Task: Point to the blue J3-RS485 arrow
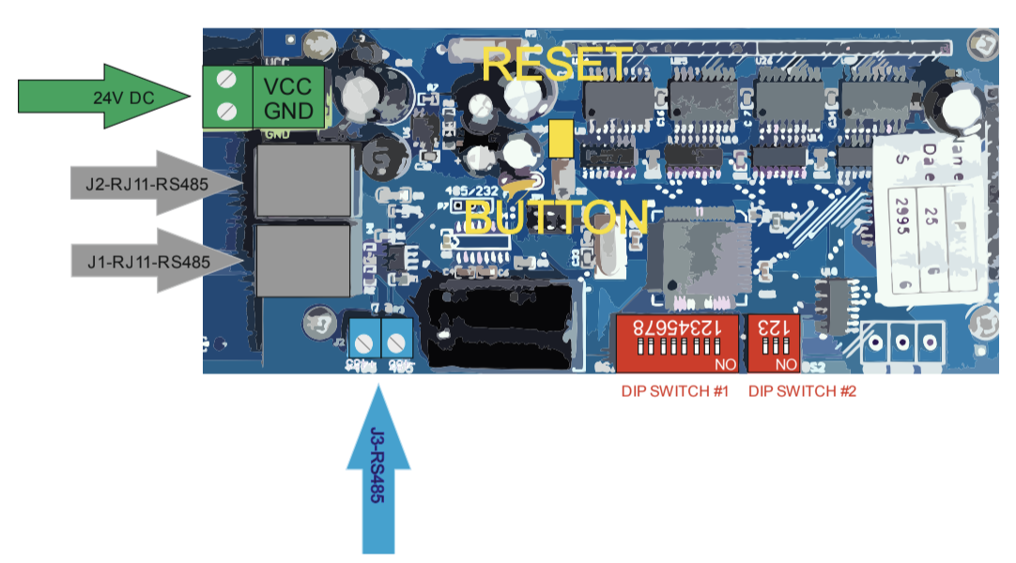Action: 378,479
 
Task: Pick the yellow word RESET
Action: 557,64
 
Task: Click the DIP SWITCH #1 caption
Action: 675,391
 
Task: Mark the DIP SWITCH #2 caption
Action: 802,391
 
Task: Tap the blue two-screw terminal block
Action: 380,333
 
